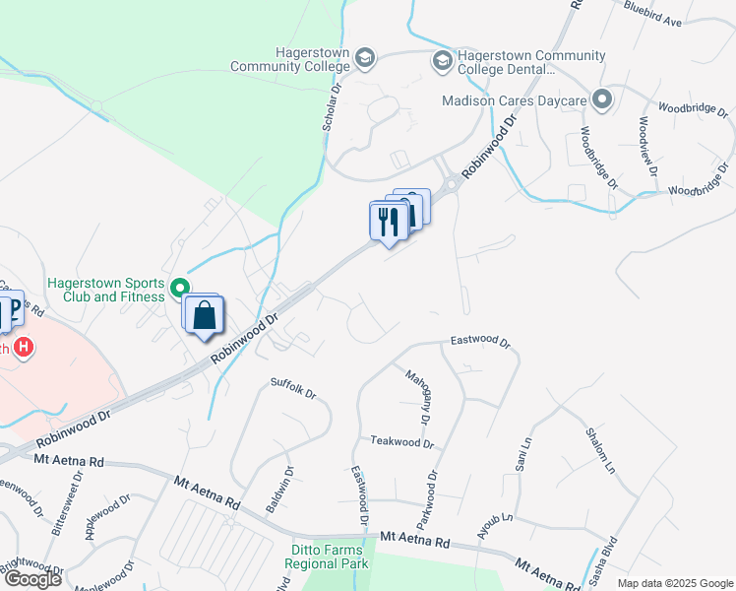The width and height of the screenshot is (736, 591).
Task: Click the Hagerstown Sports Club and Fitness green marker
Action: (179, 289)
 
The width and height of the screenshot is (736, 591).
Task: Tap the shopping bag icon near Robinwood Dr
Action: (205, 317)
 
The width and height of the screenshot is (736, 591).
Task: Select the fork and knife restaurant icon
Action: (389, 222)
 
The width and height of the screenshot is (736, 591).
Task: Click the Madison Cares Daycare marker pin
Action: (602, 99)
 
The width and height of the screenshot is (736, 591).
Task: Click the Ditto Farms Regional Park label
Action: (327, 557)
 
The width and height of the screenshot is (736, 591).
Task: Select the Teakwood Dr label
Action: (401, 443)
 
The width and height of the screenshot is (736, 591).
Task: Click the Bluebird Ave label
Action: (652, 13)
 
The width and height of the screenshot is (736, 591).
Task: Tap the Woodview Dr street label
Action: (648, 146)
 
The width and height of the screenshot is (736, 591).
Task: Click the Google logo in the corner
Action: (33, 579)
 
